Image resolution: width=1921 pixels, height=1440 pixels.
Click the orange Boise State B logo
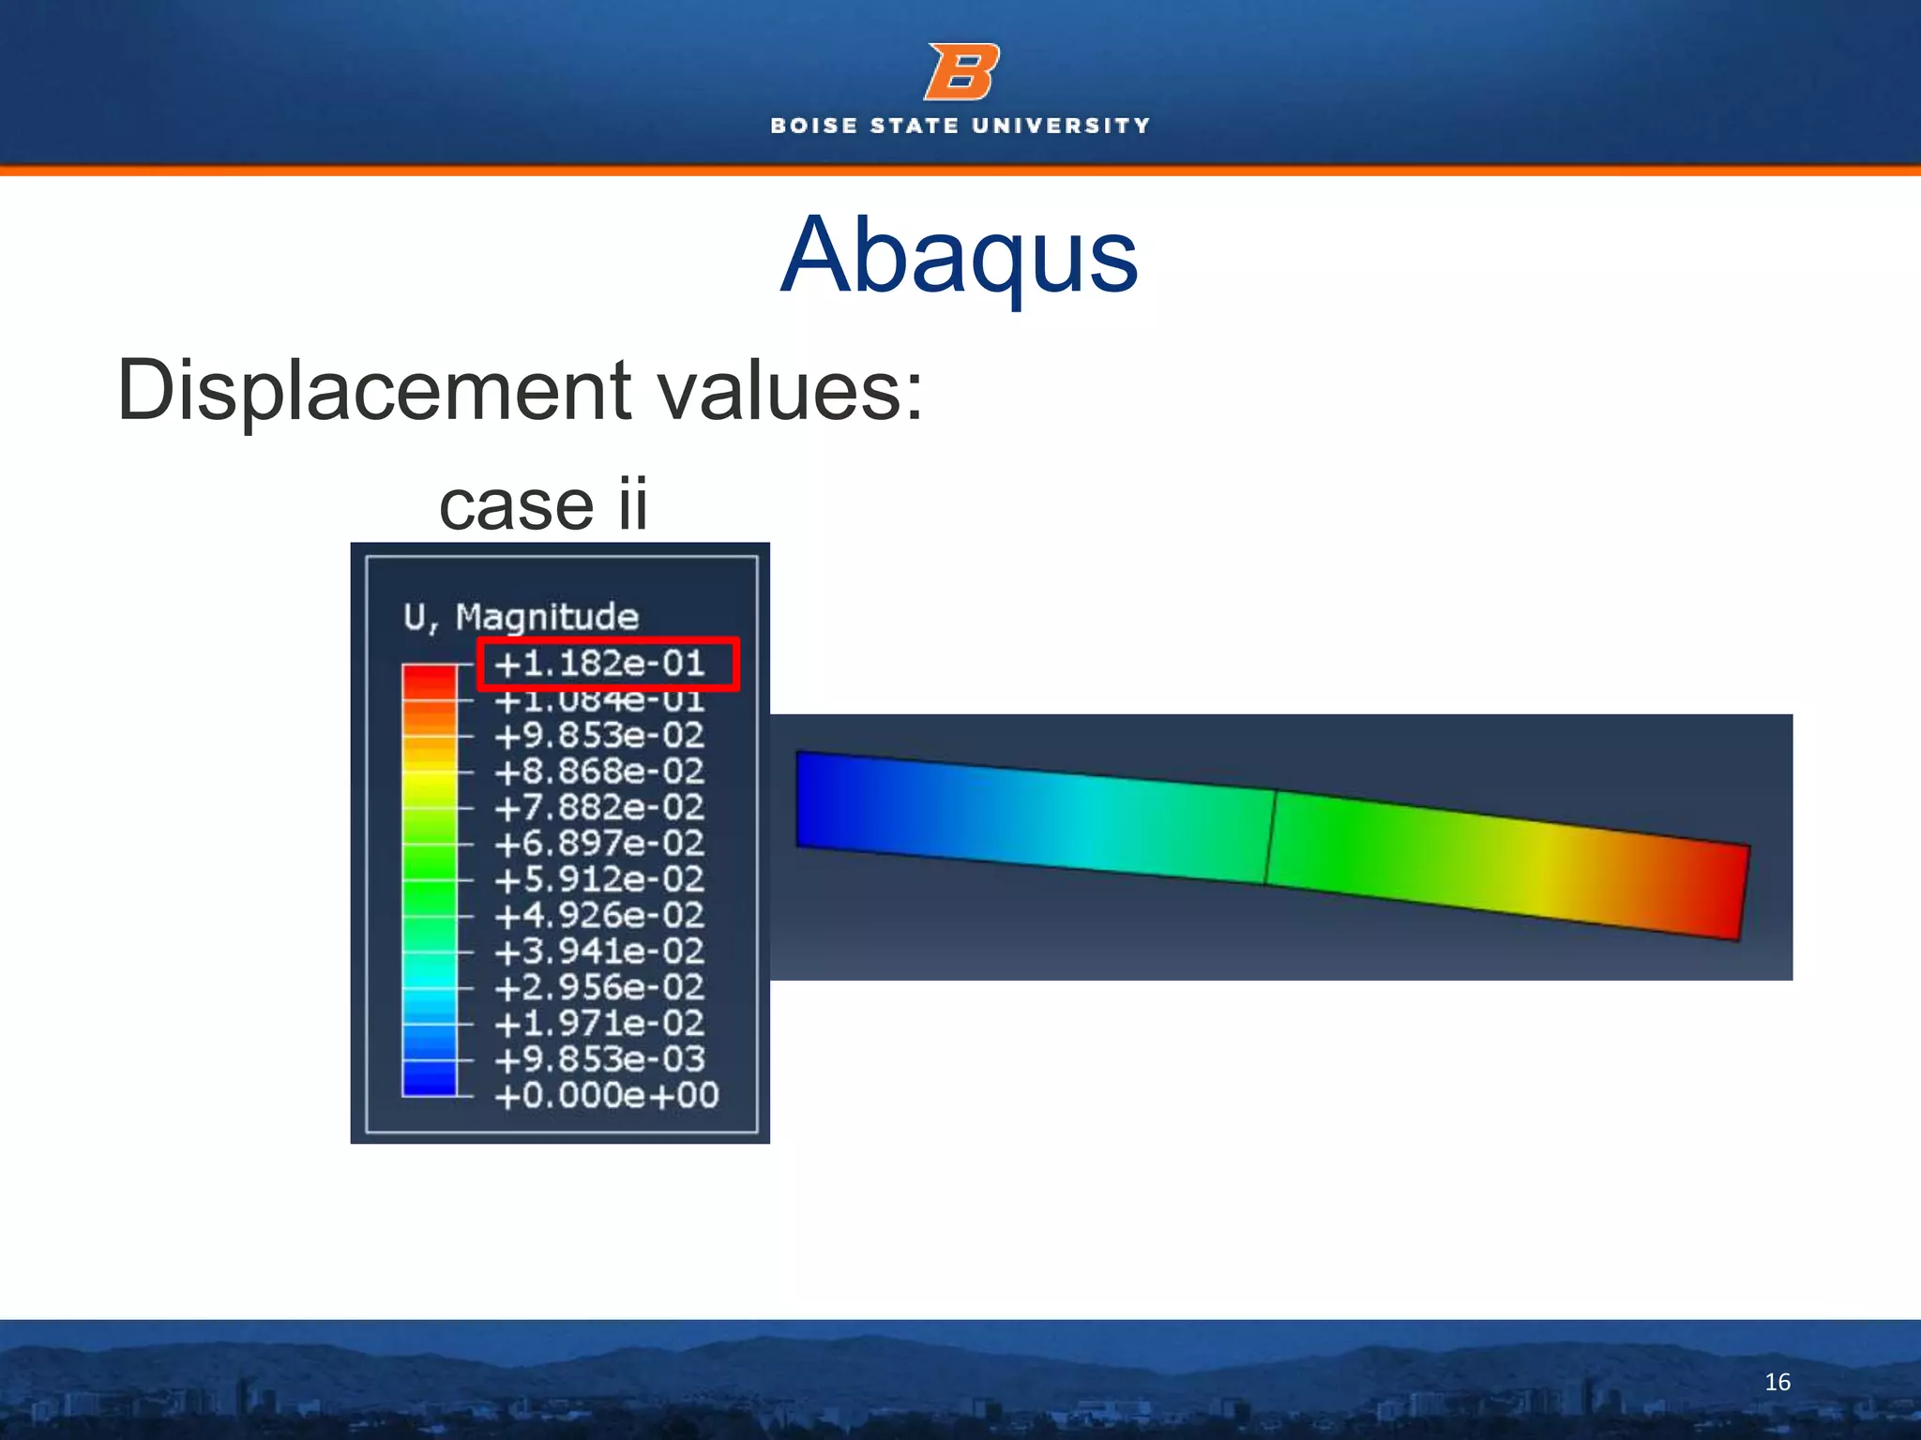[961, 72]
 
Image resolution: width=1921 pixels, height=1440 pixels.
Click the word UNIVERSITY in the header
[1061, 126]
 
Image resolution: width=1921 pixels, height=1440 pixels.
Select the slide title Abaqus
[959, 255]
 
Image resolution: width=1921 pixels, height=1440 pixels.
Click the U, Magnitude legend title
[521, 617]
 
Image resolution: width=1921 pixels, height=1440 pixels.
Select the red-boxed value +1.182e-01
[600, 664]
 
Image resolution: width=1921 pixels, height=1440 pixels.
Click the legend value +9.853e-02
[600, 736]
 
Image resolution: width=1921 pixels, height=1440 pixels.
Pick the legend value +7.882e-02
[600, 807]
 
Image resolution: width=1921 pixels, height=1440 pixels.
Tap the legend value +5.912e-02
[600, 879]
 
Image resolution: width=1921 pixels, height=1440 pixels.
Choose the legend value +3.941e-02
[600, 952]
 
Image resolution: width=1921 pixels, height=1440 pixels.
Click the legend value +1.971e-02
[600, 1023]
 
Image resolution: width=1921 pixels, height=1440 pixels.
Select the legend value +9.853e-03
[600, 1059]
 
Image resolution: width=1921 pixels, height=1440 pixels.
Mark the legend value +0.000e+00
[607, 1095]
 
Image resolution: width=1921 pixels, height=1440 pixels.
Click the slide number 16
[1777, 1382]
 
